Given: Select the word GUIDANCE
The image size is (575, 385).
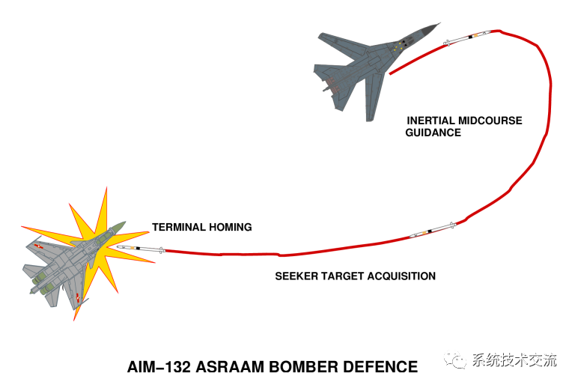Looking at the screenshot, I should pyautogui.click(x=433, y=133).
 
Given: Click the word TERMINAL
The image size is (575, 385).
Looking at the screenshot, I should pyautogui.click(x=179, y=227).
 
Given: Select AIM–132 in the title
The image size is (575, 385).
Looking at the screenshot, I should pyautogui.click(x=160, y=368).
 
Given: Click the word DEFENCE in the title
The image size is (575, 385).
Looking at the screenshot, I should pyautogui.click(x=386, y=368).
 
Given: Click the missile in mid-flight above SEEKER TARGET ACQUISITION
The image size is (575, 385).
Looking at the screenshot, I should pyautogui.click(x=433, y=229).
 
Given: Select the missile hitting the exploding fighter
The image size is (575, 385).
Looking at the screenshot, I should pyautogui.click(x=141, y=249).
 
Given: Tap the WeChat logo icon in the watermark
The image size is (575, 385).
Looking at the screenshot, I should pyautogui.click(x=457, y=360).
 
